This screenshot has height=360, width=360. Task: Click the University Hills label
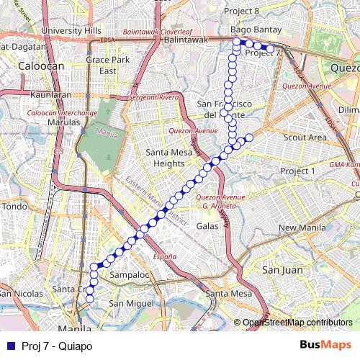tap(71, 31)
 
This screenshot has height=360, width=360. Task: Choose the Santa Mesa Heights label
tap(175, 158)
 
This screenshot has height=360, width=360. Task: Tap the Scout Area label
tap(305, 137)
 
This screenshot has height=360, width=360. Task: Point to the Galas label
tap(207, 225)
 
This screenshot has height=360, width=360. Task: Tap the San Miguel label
tap(131, 303)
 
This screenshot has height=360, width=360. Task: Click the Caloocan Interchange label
tap(62, 113)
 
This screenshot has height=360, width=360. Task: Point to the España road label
tap(164, 256)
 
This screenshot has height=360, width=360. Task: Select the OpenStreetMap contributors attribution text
tap(297, 323)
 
